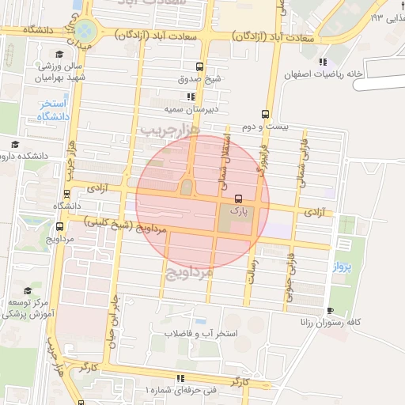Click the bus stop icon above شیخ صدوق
[x=199, y=67]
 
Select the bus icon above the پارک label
[x=239, y=199]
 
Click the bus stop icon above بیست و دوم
[x=264, y=114]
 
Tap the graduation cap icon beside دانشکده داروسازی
[x=15, y=145]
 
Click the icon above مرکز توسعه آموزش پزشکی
[x=28, y=291]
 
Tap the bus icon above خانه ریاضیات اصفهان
[x=322, y=62]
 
